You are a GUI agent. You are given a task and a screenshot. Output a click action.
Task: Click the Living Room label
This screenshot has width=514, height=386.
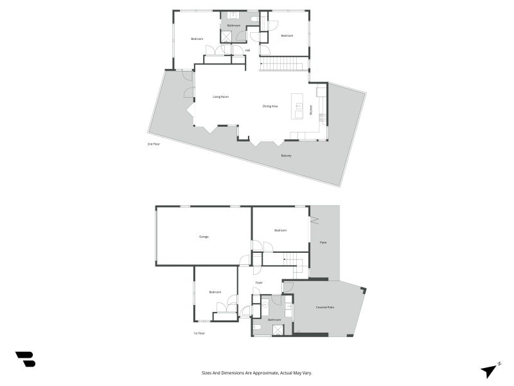pos(221,96)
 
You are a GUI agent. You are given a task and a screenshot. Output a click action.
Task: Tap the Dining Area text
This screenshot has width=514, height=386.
pos(270,106)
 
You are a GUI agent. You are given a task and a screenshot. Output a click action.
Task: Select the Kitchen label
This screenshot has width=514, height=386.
pos(311,110)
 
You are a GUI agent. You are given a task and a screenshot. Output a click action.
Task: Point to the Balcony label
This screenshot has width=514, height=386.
pos(286,156)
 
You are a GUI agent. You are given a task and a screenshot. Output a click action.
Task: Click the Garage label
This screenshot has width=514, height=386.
pos(204,237)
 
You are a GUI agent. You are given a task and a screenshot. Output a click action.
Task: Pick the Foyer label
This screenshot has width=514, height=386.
pos(259,282)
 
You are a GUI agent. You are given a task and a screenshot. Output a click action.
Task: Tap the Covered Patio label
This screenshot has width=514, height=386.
pos(324,308)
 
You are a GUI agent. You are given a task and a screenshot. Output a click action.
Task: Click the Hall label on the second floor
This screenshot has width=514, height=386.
pos(247,50)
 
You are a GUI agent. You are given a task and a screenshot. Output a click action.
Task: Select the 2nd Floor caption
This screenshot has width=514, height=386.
pos(154,144)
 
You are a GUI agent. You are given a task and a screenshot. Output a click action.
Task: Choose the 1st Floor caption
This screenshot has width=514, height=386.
pos(199,333)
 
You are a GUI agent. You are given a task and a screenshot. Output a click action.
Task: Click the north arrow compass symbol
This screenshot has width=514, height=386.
pos(490,370)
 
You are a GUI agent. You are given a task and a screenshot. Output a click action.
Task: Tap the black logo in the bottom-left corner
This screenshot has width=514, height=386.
pos(25,359)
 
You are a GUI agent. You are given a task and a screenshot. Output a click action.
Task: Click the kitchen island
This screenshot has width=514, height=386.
pos(297,106)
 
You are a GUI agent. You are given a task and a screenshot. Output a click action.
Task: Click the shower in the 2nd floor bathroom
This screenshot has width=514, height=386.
pos(226,37)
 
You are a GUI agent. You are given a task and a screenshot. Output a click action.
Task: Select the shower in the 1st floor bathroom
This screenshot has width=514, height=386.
pos(278,330)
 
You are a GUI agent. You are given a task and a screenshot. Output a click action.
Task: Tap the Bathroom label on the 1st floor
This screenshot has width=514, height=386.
pos(274,319)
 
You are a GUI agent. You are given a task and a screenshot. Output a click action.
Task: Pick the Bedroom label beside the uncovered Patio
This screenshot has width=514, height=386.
pos(280,230)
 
